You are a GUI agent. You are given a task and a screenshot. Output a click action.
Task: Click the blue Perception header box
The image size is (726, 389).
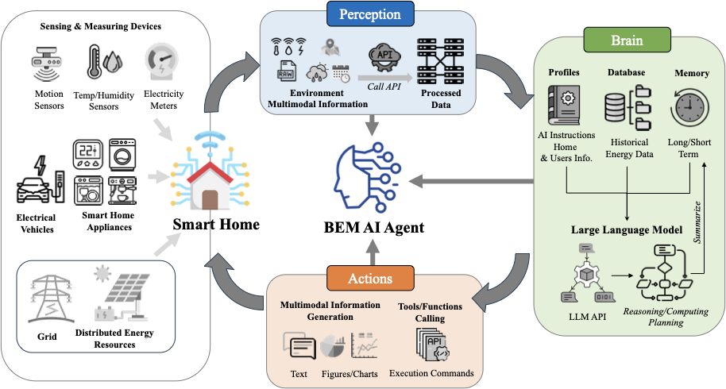coord(370,14)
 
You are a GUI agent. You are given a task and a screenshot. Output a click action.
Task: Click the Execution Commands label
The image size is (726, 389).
coord(431,373)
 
